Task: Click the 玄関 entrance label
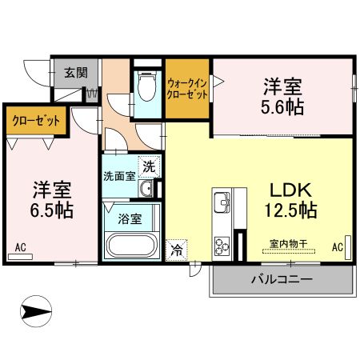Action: tap(75, 71)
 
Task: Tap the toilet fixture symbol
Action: tap(146, 86)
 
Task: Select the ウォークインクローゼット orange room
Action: tap(187, 87)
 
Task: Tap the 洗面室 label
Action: tap(118, 175)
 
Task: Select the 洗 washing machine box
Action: tap(150, 167)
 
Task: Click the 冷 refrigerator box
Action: tap(175, 250)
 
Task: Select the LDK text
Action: tap(285, 191)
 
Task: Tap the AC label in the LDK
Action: tap(338, 246)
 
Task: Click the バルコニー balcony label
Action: tap(281, 280)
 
